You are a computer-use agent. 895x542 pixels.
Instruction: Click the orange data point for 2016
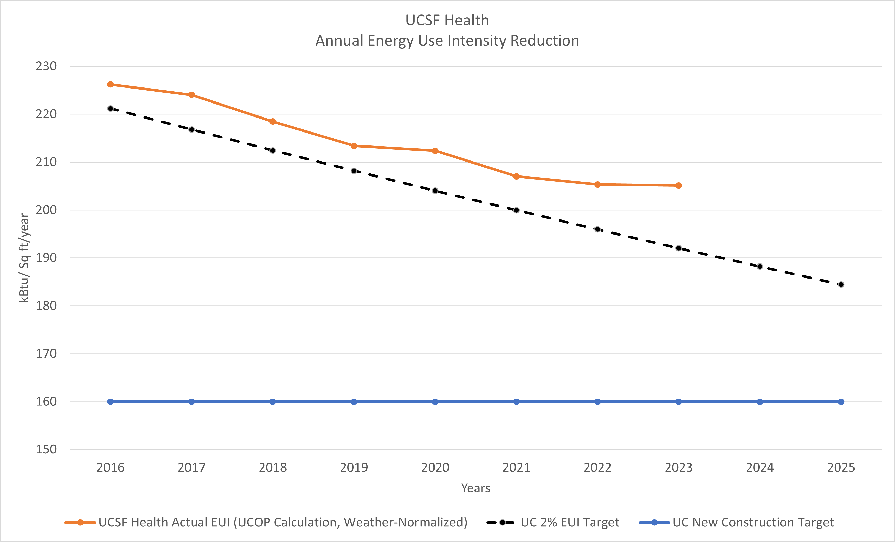111,84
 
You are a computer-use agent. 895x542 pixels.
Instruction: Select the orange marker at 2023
679,185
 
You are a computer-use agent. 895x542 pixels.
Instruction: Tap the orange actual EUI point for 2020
435,151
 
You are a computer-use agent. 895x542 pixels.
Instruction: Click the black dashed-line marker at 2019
354,171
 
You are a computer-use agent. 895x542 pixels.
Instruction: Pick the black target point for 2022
598,229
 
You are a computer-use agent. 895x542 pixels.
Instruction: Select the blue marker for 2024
760,402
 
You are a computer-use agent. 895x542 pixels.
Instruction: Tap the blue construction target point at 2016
111,402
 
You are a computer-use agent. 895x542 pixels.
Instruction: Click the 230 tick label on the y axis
46,66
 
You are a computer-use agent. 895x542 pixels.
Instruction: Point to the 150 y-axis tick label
46,449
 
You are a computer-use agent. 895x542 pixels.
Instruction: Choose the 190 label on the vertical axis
46,258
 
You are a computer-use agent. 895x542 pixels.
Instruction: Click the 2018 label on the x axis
273,467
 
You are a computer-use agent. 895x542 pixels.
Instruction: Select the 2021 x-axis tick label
516,467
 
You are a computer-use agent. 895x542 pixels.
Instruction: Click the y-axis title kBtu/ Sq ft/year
24,258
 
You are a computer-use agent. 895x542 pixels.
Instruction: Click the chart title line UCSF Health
447,20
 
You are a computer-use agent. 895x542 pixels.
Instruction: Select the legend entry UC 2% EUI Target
553,522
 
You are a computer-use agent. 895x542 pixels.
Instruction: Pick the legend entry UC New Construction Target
736,522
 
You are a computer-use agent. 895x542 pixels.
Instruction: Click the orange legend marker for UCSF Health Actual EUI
80,523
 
